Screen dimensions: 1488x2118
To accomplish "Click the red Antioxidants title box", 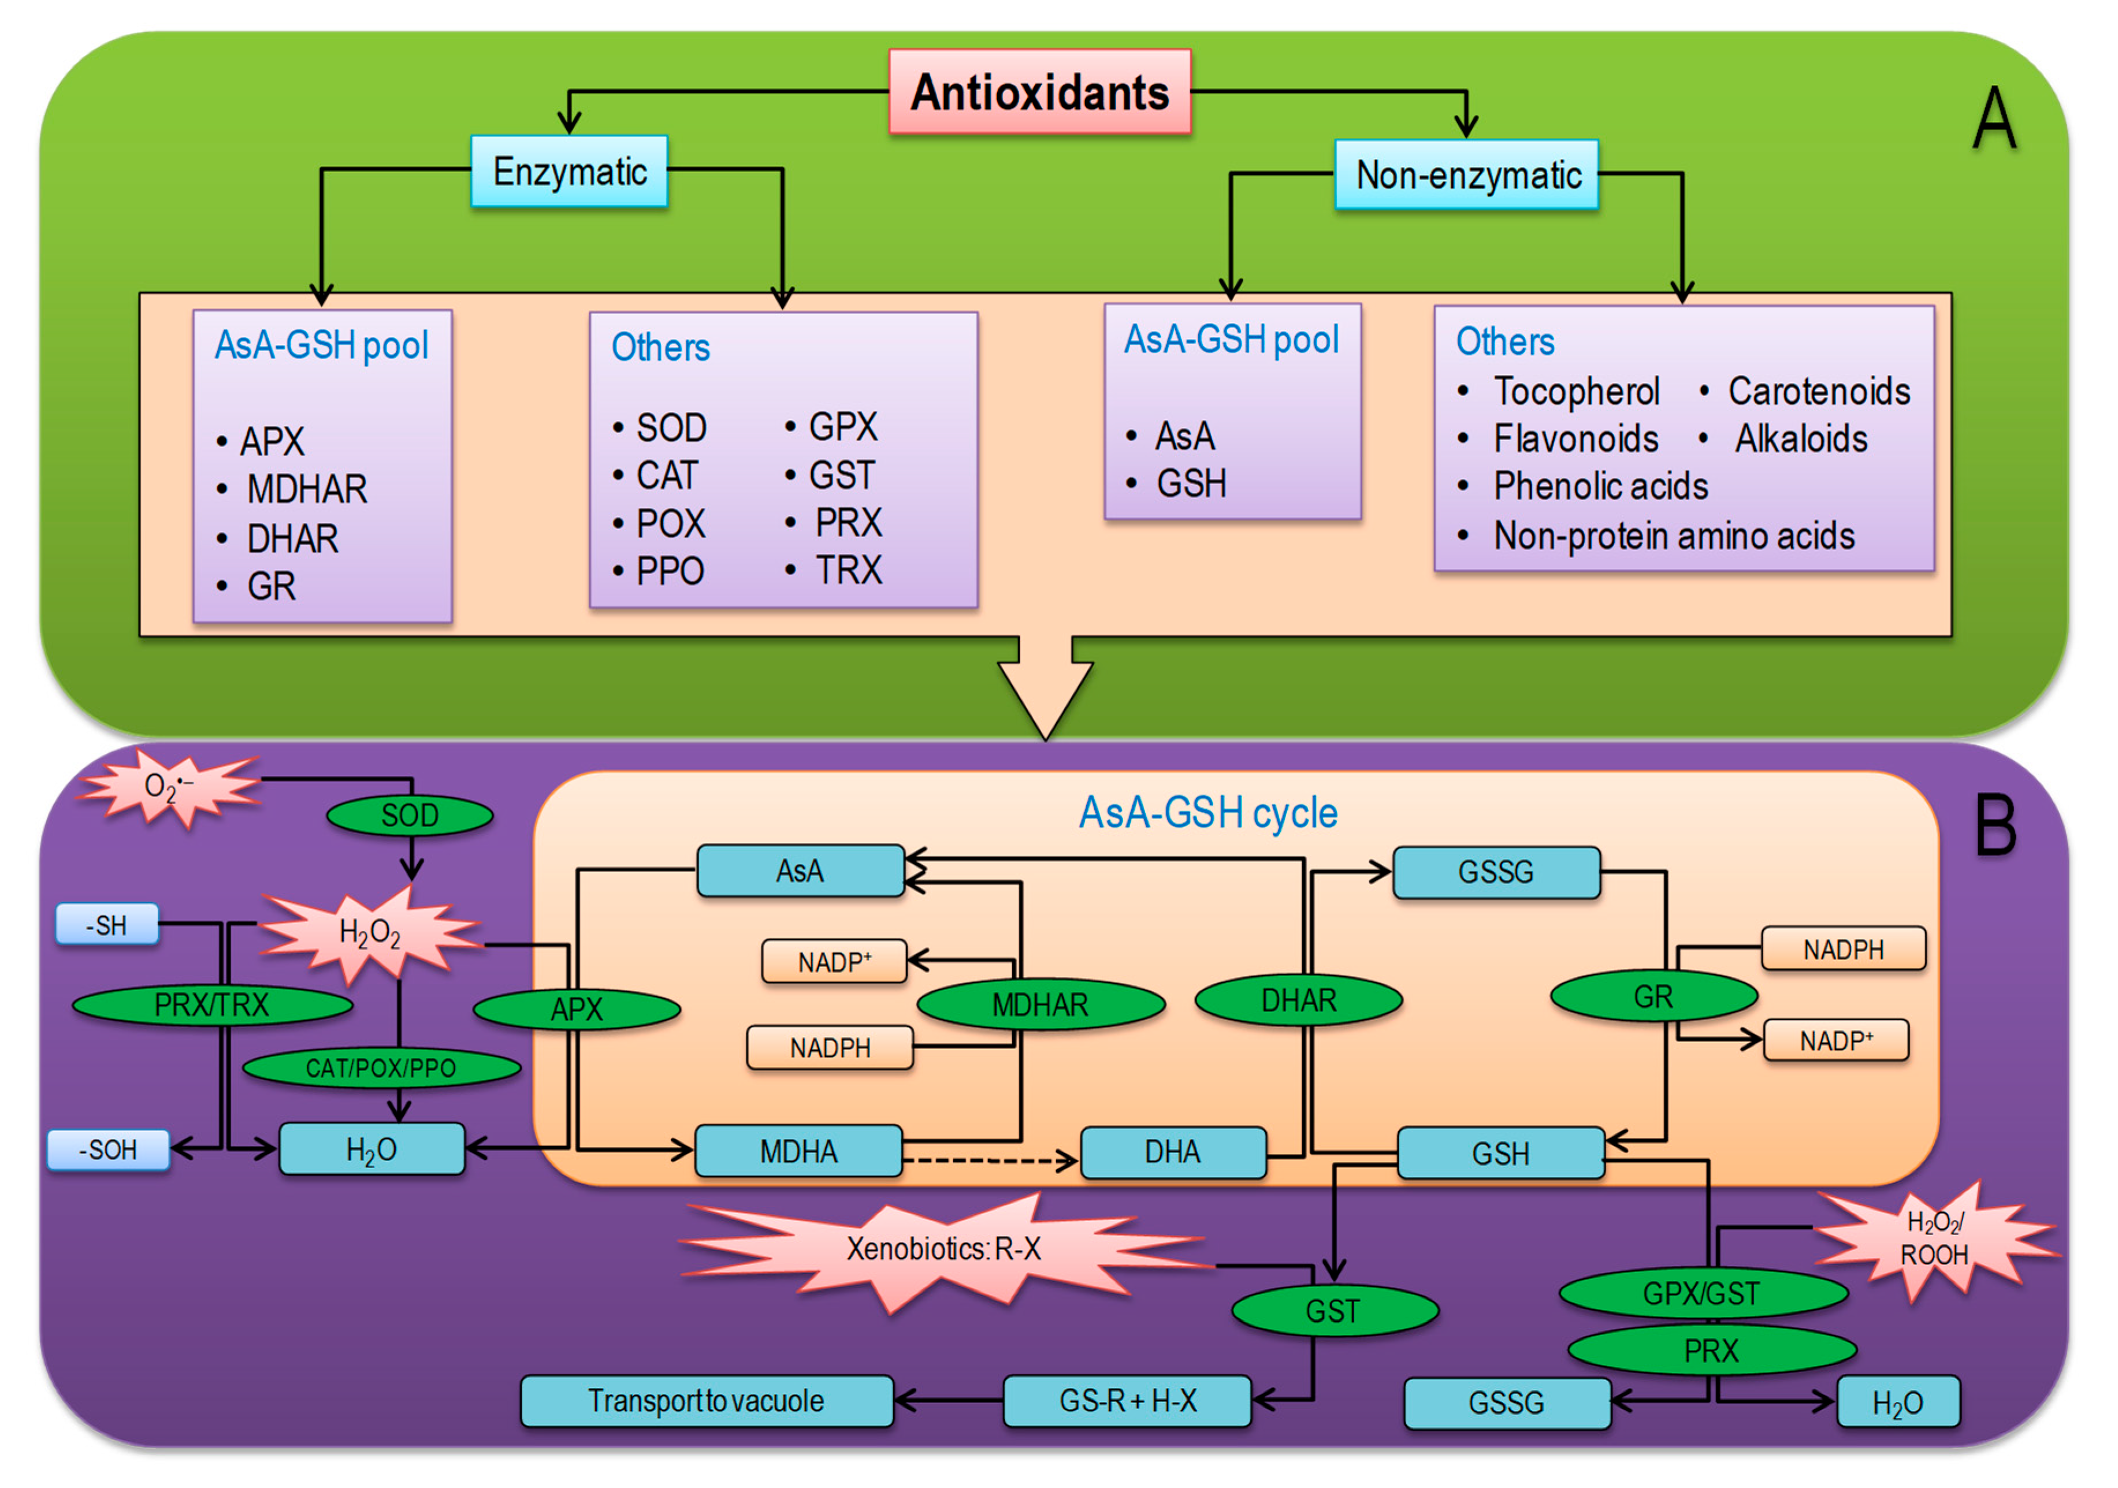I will (1039, 92).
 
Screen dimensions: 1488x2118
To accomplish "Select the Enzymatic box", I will (569, 172).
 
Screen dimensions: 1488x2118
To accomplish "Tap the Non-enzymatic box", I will (1467, 175).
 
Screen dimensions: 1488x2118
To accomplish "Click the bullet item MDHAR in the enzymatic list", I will (306, 489).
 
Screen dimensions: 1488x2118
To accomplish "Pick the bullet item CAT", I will (666, 476).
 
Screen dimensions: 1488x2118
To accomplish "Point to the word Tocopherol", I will (1576, 391).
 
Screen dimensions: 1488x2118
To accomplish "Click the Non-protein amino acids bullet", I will (1673, 536).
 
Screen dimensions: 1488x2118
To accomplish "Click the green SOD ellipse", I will (410, 816).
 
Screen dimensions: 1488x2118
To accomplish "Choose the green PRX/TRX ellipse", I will (211, 1005).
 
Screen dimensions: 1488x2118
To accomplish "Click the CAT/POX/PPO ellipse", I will (381, 1068).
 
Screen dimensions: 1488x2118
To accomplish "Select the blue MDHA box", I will (798, 1151).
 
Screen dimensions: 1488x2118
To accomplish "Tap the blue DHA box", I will (1172, 1152).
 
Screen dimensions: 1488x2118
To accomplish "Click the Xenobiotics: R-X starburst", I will (943, 1249).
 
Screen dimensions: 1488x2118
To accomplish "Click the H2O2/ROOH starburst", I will (1934, 1240).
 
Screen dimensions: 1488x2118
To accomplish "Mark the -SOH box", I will (108, 1150).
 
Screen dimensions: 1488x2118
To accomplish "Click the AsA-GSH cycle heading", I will (1207, 813).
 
